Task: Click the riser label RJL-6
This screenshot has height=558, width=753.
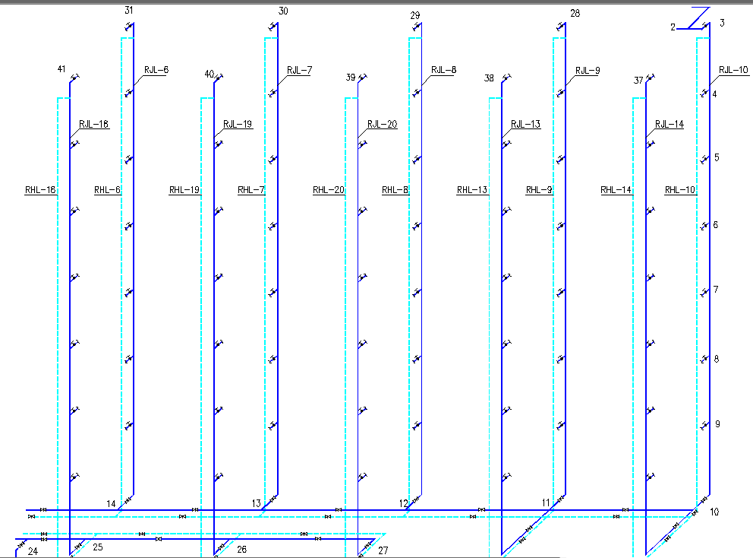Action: (156, 70)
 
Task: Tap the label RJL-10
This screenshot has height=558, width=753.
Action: (732, 70)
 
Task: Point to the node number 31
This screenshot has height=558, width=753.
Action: (128, 10)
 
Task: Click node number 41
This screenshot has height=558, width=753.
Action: (61, 70)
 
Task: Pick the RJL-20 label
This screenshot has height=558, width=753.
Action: (382, 125)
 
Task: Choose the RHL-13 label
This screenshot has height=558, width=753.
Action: (472, 190)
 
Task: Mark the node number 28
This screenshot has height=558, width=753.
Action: (575, 14)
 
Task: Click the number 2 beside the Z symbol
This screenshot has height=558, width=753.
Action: (673, 27)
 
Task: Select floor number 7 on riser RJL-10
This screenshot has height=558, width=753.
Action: (716, 290)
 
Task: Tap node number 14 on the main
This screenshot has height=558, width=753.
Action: (111, 503)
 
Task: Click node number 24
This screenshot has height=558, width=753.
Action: (33, 551)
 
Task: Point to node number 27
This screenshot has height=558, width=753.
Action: (382, 550)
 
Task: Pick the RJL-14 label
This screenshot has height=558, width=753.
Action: (669, 125)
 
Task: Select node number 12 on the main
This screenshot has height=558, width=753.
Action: (403, 503)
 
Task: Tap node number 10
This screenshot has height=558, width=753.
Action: (714, 512)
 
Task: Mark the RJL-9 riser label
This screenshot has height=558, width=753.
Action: (587, 70)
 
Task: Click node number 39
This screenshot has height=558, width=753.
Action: (350, 78)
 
